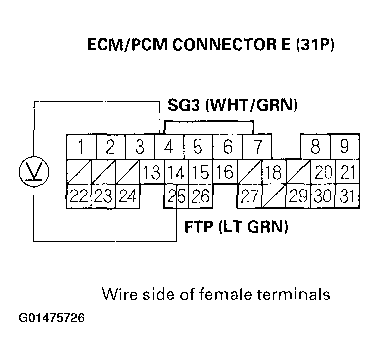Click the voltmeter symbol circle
[34, 171]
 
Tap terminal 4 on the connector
[169, 147]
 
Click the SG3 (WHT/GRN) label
[233, 105]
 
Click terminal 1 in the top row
[81, 147]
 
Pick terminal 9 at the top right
[345, 147]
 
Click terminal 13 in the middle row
[151, 172]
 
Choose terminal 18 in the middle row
[273, 172]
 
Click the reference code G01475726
[51, 319]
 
